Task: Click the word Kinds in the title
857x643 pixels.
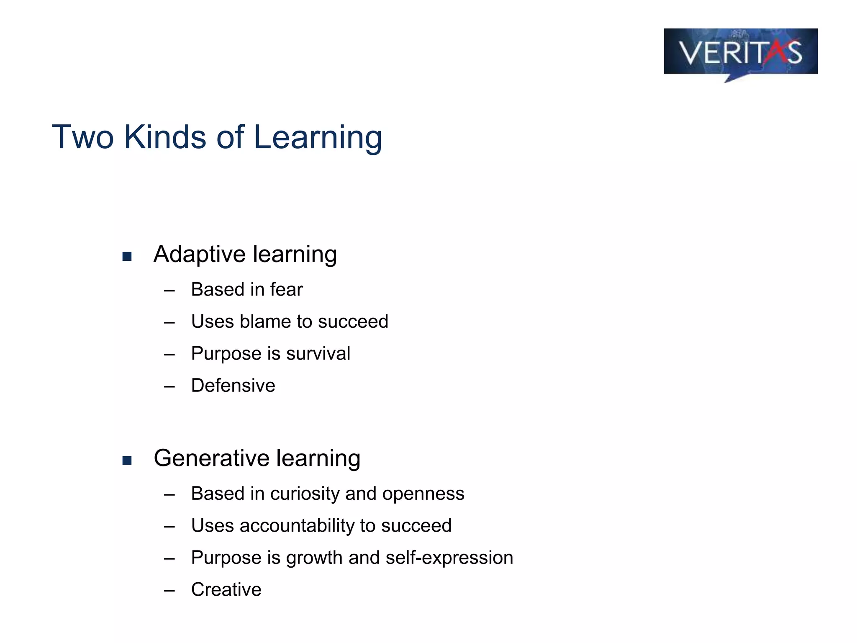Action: [x=165, y=137]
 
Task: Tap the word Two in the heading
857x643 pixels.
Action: [x=82, y=137]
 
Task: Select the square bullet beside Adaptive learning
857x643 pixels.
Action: [x=127, y=256]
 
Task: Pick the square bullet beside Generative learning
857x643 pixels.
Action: [x=127, y=460]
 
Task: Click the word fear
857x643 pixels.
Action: [x=286, y=290]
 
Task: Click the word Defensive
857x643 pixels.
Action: [x=233, y=386]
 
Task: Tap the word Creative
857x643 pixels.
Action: [x=226, y=590]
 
